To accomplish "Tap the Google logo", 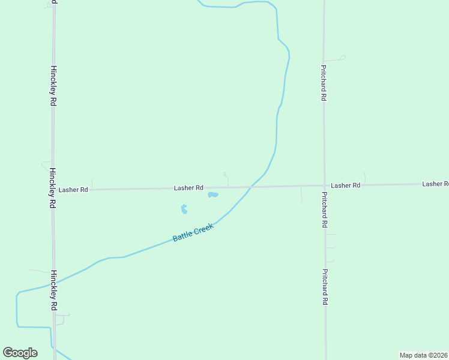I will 20,353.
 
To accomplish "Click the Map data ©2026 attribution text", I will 423,355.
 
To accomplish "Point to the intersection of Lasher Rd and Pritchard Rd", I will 325,185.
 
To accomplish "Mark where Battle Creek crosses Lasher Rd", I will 251,187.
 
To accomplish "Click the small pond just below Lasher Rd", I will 212,194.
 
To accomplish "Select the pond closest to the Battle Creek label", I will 184,209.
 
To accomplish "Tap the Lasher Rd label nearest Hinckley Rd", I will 73,190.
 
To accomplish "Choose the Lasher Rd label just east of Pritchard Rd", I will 345,186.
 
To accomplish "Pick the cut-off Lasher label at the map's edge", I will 435,184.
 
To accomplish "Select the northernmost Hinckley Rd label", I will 53,86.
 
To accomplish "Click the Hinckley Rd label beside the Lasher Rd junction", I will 53,187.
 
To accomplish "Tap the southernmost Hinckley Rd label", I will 54,290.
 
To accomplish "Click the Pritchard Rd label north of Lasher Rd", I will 324,83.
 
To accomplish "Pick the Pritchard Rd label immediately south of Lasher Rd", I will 324,209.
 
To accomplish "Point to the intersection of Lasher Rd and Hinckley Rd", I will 53,190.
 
